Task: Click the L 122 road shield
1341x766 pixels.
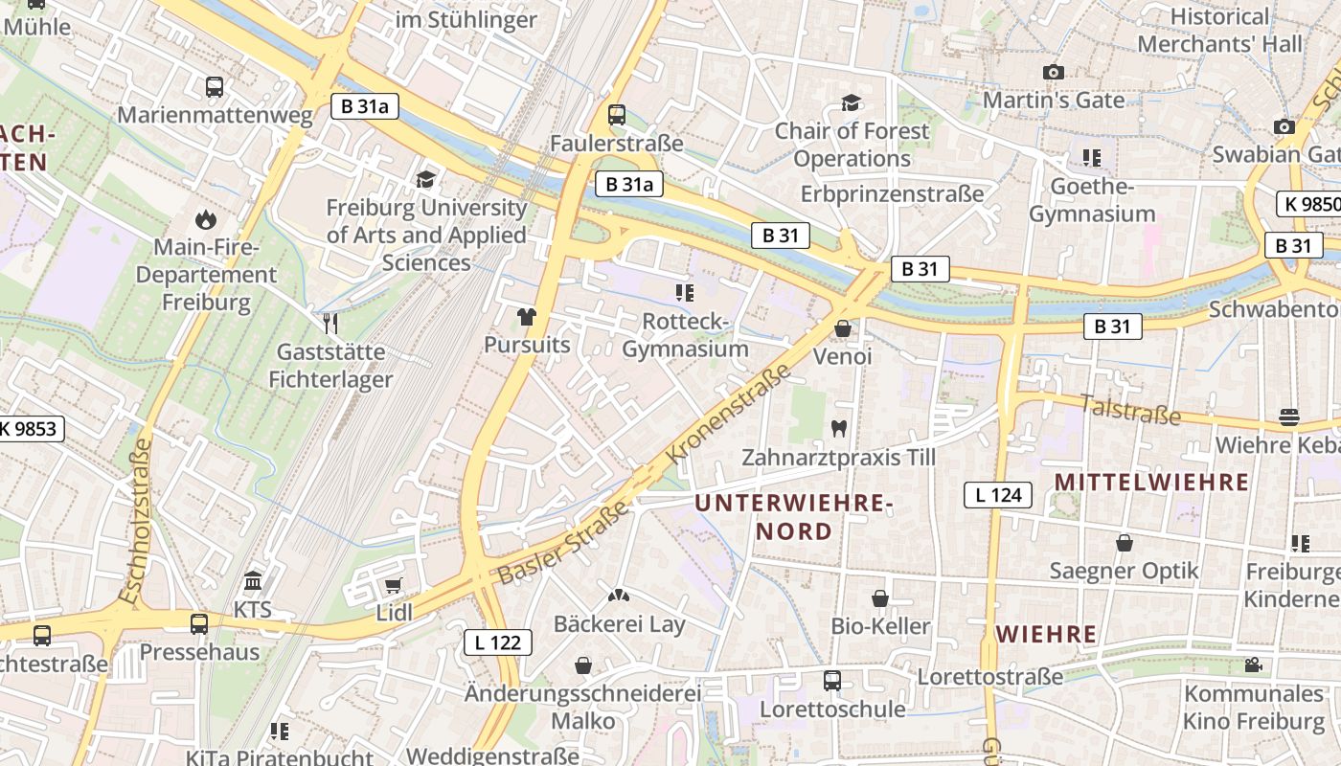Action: [498, 642]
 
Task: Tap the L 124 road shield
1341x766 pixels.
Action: [998, 495]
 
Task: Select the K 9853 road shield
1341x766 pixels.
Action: [28, 429]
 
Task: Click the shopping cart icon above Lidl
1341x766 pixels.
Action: [393, 585]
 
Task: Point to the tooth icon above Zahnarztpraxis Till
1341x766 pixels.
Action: [839, 429]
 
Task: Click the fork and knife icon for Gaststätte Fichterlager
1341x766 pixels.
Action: [330, 323]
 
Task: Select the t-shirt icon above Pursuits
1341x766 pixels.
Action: [527, 316]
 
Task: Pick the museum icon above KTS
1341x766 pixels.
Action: [253, 581]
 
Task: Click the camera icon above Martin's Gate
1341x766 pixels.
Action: [1054, 72]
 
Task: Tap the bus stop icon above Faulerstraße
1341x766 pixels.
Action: [617, 115]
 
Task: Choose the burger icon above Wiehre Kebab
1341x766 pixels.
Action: [1289, 417]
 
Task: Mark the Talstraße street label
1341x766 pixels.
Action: [1130, 410]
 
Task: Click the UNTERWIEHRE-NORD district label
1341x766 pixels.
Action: [793, 516]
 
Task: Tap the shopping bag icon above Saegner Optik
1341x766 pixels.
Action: [1125, 543]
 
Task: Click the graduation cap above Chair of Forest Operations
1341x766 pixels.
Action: [851, 102]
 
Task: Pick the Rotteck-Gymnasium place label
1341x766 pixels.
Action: [685, 335]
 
